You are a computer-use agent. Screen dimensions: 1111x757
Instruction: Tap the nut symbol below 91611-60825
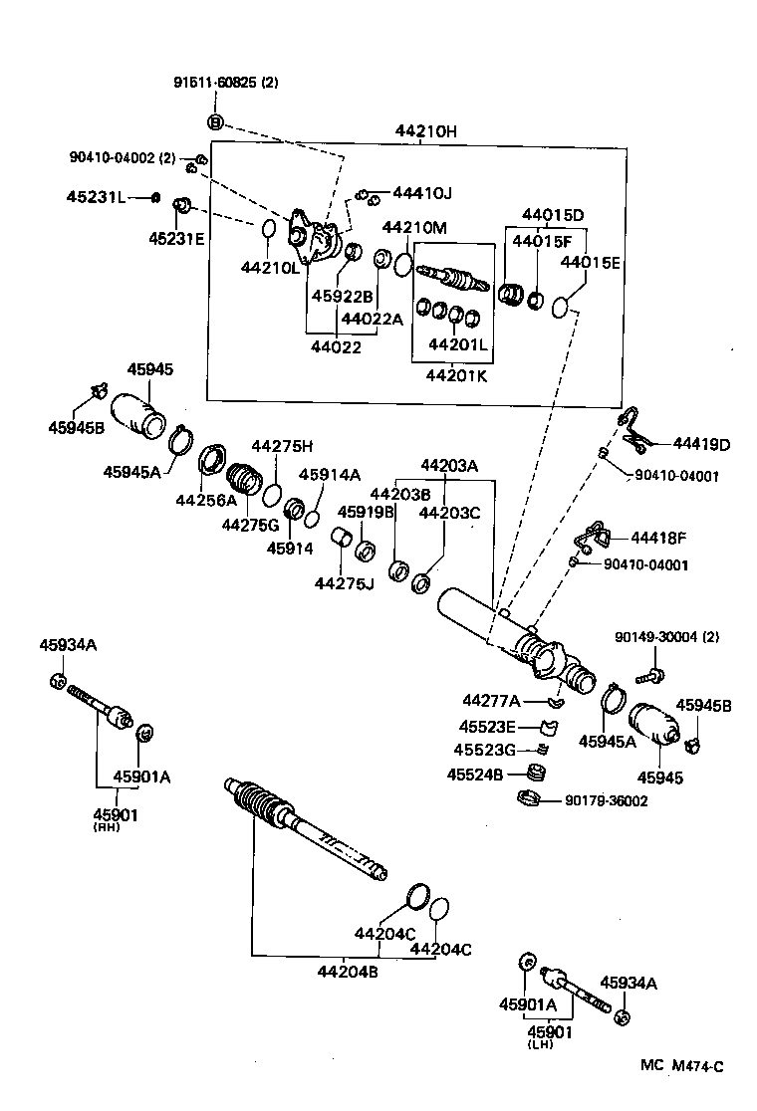tap(215, 122)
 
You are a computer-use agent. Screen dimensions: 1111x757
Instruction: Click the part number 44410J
tap(421, 192)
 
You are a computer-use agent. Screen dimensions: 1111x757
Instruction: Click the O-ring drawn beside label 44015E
tap(563, 305)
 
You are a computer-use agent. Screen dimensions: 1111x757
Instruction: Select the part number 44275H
tap(281, 445)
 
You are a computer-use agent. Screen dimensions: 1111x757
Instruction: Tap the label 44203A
tap(448, 465)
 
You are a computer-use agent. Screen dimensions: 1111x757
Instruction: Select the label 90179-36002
tap(606, 799)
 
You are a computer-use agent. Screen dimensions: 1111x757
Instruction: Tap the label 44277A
tap(492, 700)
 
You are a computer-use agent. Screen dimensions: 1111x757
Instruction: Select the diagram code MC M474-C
tap(681, 1066)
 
